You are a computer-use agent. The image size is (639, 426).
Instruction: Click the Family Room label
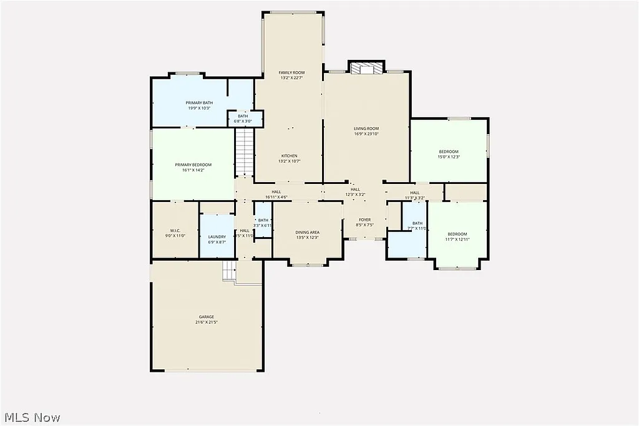(291, 73)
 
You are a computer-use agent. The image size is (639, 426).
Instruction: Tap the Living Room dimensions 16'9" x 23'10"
(366, 134)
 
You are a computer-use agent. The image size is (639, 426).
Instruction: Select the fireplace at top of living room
(366, 68)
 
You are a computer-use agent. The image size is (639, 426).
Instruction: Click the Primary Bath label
(199, 102)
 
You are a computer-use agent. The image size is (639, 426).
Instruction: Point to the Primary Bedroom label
(193, 164)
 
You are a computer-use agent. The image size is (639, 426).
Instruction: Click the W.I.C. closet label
(175, 230)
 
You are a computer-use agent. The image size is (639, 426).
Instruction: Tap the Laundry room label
(217, 237)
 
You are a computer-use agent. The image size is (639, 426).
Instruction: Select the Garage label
(207, 317)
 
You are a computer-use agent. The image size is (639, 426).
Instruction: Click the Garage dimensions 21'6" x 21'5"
(207, 322)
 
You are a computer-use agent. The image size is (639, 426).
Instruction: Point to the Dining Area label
(307, 232)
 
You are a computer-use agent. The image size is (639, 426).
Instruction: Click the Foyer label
(364, 220)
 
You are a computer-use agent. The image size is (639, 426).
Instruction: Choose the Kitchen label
(289, 155)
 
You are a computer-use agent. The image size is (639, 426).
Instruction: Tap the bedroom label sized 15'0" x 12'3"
(449, 152)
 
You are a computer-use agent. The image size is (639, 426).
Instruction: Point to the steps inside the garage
(230, 271)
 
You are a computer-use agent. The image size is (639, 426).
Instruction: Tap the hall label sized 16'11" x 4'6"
(276, 191)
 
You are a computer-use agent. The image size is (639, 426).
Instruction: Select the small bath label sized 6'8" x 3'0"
(243, 116)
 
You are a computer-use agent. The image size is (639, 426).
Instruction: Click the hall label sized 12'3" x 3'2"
(355, 189)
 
